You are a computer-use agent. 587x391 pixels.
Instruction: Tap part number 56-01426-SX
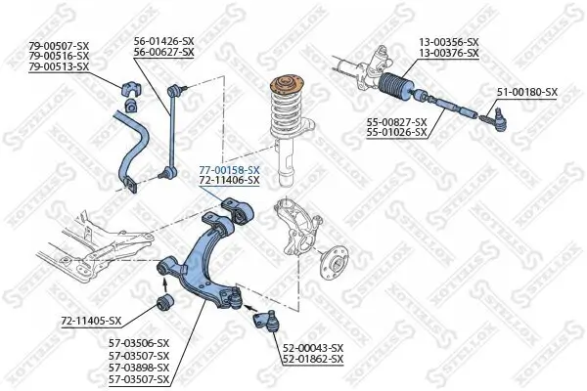(x=163, y=40)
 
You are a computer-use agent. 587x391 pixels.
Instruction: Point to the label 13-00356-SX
(x=449, y=41)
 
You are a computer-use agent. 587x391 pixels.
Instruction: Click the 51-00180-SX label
(x=526, y=92)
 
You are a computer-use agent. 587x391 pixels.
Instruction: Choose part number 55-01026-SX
(x=396, y=132)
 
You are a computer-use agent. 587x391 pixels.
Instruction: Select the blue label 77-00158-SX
(x=229, y=170)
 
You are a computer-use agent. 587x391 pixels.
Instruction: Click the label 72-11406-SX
(x=229, y=181)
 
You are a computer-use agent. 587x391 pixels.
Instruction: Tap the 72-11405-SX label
(x=90, y=321)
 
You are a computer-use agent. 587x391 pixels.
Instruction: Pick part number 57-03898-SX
(x=138, y=368)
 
